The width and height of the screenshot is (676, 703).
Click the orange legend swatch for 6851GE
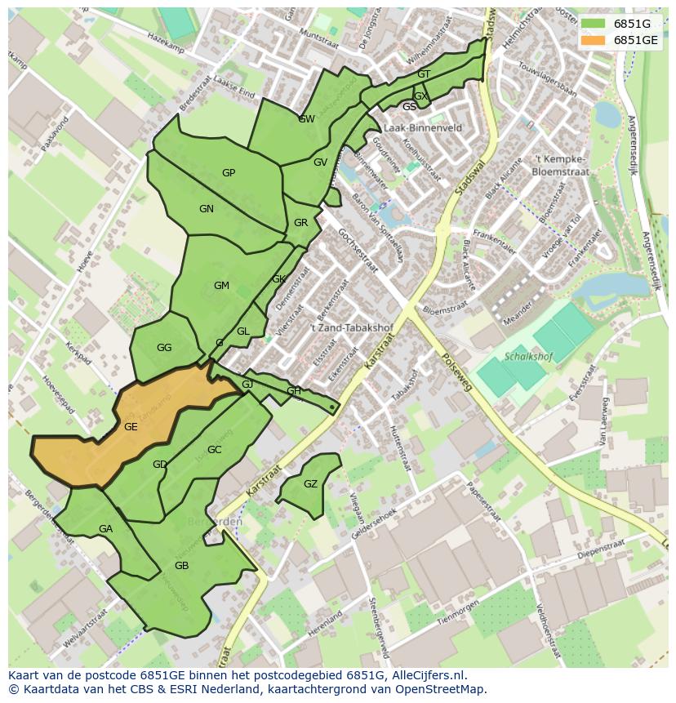tap(594, 39)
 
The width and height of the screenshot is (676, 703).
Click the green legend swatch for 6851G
tap(594, 24)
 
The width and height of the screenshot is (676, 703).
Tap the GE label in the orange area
tap(131, 426)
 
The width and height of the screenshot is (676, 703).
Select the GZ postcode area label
tap(310, 484)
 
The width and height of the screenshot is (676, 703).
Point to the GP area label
tap(229, 172)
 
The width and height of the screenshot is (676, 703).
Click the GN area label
tap(207, 209)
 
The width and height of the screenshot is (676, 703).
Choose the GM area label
tap(221, 286)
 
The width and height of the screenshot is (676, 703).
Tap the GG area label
tap(164, 348)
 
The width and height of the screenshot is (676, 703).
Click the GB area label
tap(181, 566)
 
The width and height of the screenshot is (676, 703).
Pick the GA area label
tap(105, 529)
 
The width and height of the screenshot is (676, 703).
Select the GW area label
tap(306, 119)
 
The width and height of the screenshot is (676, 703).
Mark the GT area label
tap(423, 74)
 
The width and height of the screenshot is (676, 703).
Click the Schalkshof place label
tap(529, 357)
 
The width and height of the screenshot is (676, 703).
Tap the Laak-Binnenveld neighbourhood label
tap(422, 128)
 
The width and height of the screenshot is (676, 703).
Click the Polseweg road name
tap(456, 373)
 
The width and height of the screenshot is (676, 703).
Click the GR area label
tap(300, 223)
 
